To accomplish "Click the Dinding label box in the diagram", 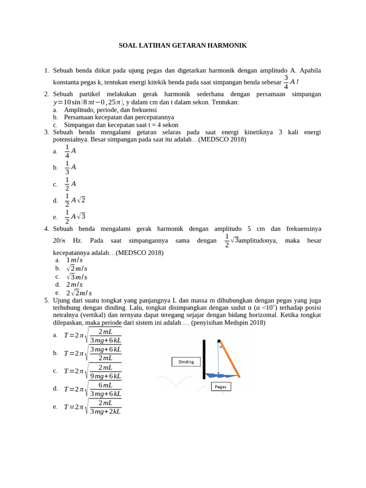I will tap(186, 362).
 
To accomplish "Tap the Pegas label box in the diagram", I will tap(221, 386).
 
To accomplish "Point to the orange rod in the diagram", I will tap(230, 359).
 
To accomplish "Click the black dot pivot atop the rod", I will tap(219, 341).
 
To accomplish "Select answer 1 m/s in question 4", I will tap(74, 260).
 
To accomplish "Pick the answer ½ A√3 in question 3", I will tap(75, 216).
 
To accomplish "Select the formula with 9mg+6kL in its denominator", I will tap(93, 371).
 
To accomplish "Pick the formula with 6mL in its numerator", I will tap(93, 389).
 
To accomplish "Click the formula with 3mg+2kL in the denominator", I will tap(93, 407).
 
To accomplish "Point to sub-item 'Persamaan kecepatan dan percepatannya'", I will tap(119, 117).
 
